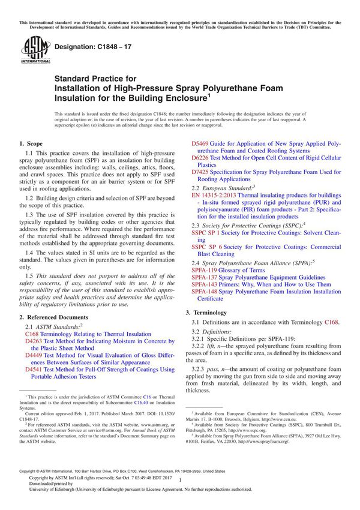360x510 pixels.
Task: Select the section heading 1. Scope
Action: click(31, 144)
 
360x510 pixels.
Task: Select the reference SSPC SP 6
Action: click(209, 247)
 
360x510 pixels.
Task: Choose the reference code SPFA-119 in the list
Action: click(205, 270)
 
